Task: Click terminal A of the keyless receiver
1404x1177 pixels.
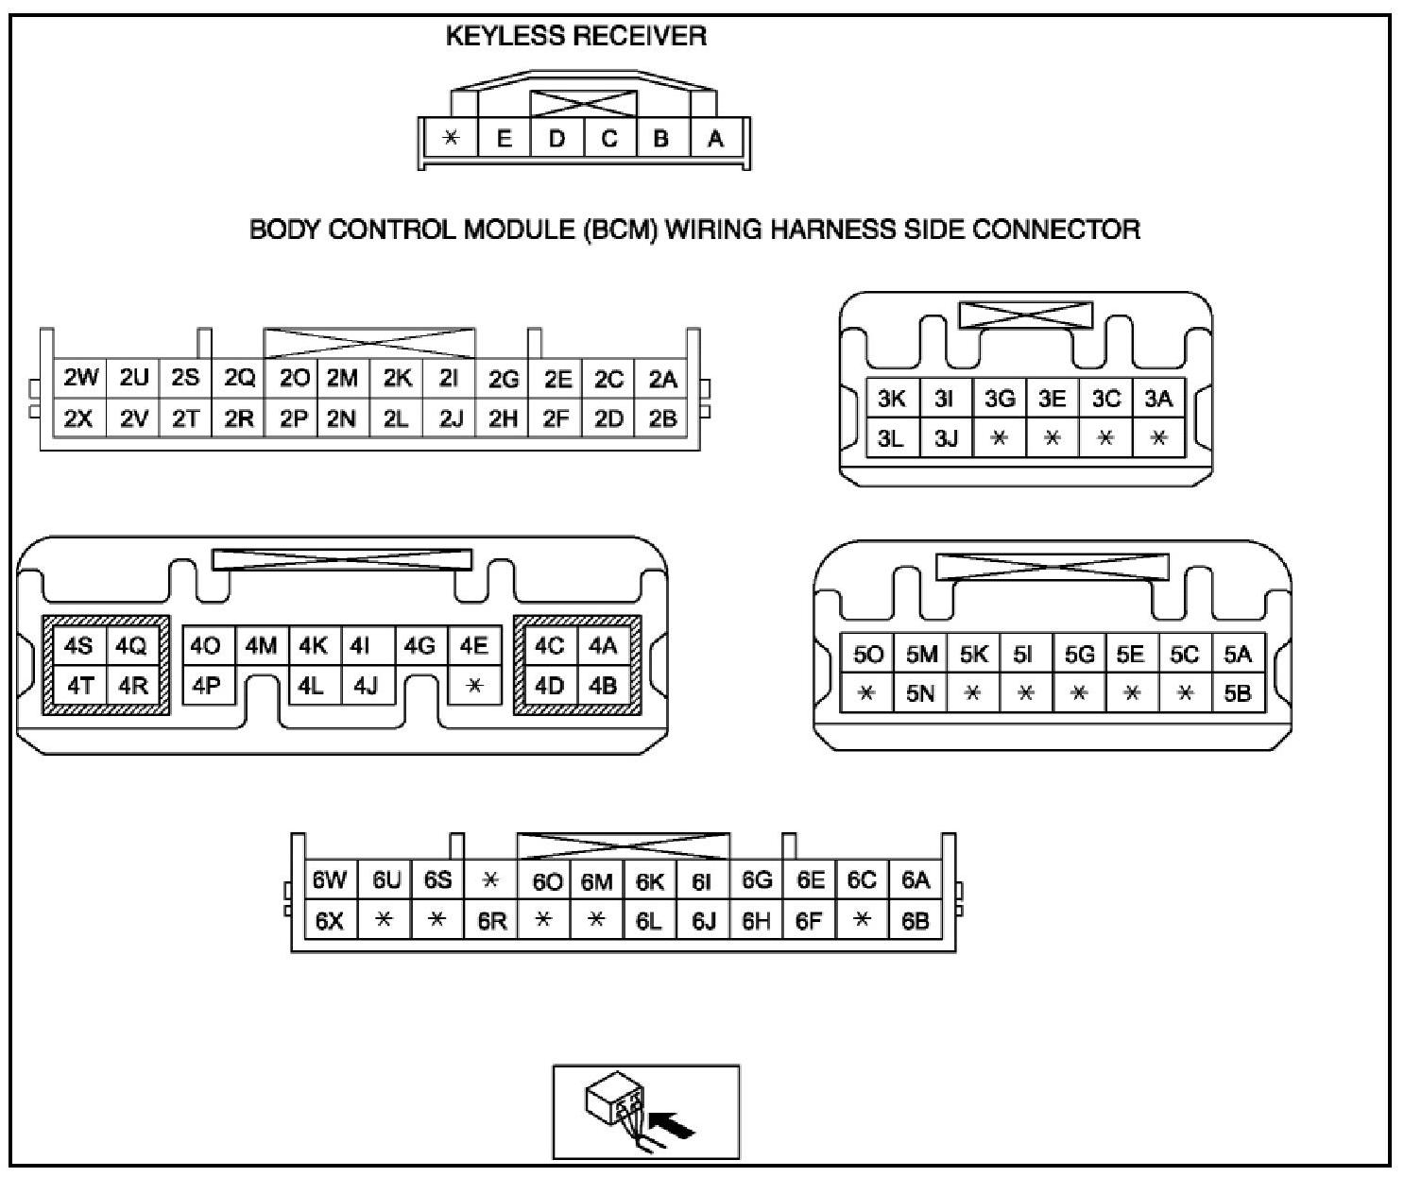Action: click(x=715, y=139)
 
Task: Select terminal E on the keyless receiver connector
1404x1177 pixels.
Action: click(x=504, y=139)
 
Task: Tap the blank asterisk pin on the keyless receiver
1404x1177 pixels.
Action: click(x=452, y=139)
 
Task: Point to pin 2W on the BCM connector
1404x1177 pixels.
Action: click(x=80, y=379)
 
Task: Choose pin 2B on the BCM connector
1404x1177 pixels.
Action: click(x=663, y=418)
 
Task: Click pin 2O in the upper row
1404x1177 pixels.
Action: click(x=295, y=379)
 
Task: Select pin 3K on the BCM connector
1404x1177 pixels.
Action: click(x=891, y=399)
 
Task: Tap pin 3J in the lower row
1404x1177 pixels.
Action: click(x=946, y=438)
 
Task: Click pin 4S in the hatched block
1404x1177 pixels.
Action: click(x=79, y=646)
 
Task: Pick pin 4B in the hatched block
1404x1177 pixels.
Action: click(x=602, y=686)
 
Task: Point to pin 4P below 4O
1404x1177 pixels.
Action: click(x=206, y=686)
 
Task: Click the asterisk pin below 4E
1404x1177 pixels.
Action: click(x=474, y=686)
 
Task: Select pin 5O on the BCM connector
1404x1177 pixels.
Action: click(x=867, y=655)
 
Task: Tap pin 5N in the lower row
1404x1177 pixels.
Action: click(x=920, y=694)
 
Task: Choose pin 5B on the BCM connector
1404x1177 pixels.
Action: click(x=1237, y=694)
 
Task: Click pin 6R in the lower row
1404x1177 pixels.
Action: click(x=491, y=921)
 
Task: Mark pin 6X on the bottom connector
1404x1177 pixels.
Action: click(x=329, y=921)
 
